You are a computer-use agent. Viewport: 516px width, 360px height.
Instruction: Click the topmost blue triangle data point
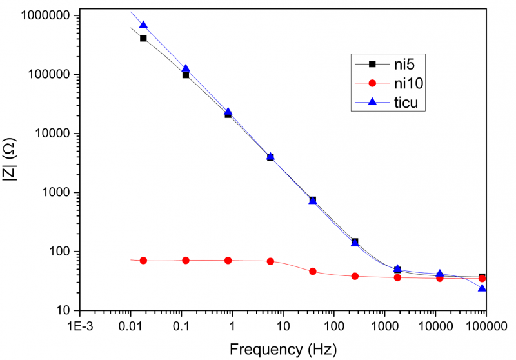[143, 25]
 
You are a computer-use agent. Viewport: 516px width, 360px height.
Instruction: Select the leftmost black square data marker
[143, 39]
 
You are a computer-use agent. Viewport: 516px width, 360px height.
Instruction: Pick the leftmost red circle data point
[143, 261]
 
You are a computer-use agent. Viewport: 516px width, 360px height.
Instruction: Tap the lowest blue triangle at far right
[482, 288]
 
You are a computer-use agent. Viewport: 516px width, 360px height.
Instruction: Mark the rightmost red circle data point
[482, 279]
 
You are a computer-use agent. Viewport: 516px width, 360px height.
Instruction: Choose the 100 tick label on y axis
[53, 252]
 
